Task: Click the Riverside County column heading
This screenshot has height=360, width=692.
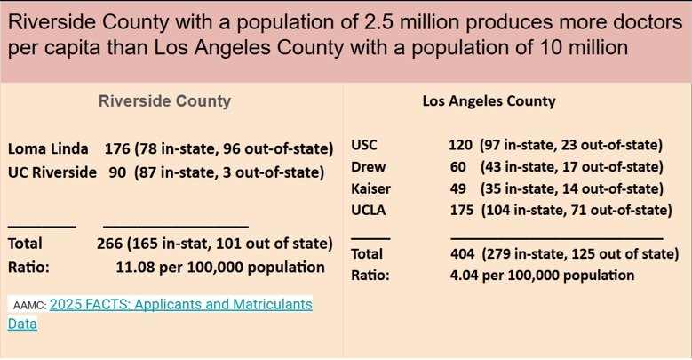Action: click(164, 101)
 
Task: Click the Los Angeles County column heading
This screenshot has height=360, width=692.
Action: click(489, 101)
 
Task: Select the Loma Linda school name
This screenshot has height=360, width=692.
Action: click(48, 148)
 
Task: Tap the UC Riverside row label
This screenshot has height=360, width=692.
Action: click(52, 172)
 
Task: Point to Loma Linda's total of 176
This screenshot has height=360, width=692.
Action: click(117, 148)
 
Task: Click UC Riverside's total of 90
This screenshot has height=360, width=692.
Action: click(117, 172)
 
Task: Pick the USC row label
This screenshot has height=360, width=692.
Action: click(364, 144)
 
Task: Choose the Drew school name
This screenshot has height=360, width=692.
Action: click(369, 166)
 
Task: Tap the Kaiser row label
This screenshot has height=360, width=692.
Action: click(370, 188)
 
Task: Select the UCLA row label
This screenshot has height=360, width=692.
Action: click(369, 210)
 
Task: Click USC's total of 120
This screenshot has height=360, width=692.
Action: click(460, 144)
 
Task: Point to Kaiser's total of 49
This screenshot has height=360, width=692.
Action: click(458, 188)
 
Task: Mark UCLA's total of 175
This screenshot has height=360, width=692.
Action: click(462, 210)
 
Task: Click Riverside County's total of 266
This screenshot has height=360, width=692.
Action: click(109, 244)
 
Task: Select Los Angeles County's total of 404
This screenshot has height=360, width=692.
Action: click(463, 253)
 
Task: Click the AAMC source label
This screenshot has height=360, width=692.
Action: click(29, 305)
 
